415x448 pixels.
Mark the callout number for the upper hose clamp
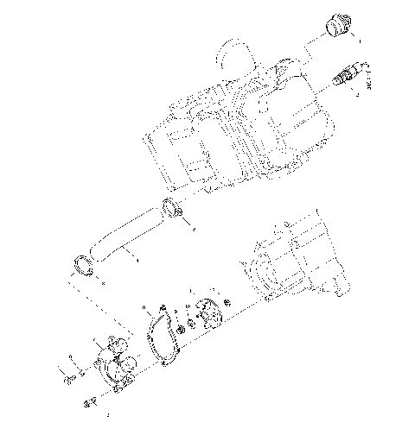[x=192, y=229]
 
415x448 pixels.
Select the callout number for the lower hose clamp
[x=103, y=281]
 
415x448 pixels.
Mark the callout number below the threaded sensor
[x=357, y=95]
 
